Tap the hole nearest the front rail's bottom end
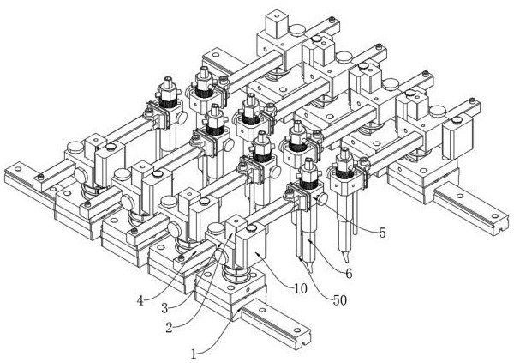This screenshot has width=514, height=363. (x=300, y=349)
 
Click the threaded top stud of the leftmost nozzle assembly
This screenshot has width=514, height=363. (x=166, y=82)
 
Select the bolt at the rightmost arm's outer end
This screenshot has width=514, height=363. (x=474, y=106)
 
